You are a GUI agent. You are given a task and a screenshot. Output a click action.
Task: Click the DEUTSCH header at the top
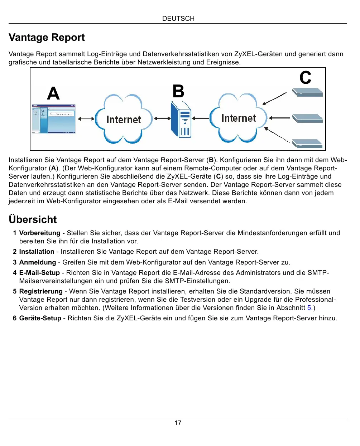(178, 19)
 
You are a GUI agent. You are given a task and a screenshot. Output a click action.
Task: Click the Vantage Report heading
(47, 38)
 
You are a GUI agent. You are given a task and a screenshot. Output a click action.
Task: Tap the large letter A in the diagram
(53, 93)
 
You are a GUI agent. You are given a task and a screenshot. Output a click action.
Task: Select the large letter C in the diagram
(305, 78)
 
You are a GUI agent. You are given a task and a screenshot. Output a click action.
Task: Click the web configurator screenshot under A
(54, 119)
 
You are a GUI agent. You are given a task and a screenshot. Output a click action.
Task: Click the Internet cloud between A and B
(124, 119)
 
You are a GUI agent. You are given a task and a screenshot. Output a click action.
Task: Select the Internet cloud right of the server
(239, 118)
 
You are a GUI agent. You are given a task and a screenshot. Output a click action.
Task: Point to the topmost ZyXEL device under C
(307, 92)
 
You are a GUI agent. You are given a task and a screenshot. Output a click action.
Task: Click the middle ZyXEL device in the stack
(307, 118)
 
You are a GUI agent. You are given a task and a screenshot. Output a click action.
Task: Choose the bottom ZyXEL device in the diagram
(307, 144)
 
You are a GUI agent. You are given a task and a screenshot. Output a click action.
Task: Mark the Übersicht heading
(33, 219)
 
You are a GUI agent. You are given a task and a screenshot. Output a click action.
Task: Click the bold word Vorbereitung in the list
(39, 233)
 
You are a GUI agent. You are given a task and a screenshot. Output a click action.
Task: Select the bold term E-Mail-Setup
(39, 273)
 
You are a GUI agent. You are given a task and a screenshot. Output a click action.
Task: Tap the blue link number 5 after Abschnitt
(309, 308)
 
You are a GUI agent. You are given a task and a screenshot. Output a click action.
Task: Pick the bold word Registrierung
(41, 291)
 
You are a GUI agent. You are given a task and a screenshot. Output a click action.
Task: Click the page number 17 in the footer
(178, 423)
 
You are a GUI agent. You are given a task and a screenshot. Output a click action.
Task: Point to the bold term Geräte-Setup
(40, 318)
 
